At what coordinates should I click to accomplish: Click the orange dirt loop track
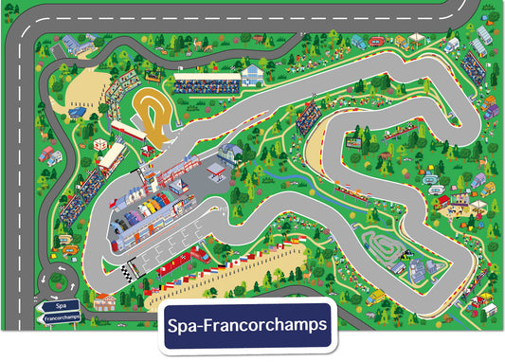pos(153,113)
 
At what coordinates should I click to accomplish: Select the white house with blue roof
pos(252,75)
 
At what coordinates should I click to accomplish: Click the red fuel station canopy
pos(215,168)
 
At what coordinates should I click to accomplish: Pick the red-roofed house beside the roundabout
pos(104,301)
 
